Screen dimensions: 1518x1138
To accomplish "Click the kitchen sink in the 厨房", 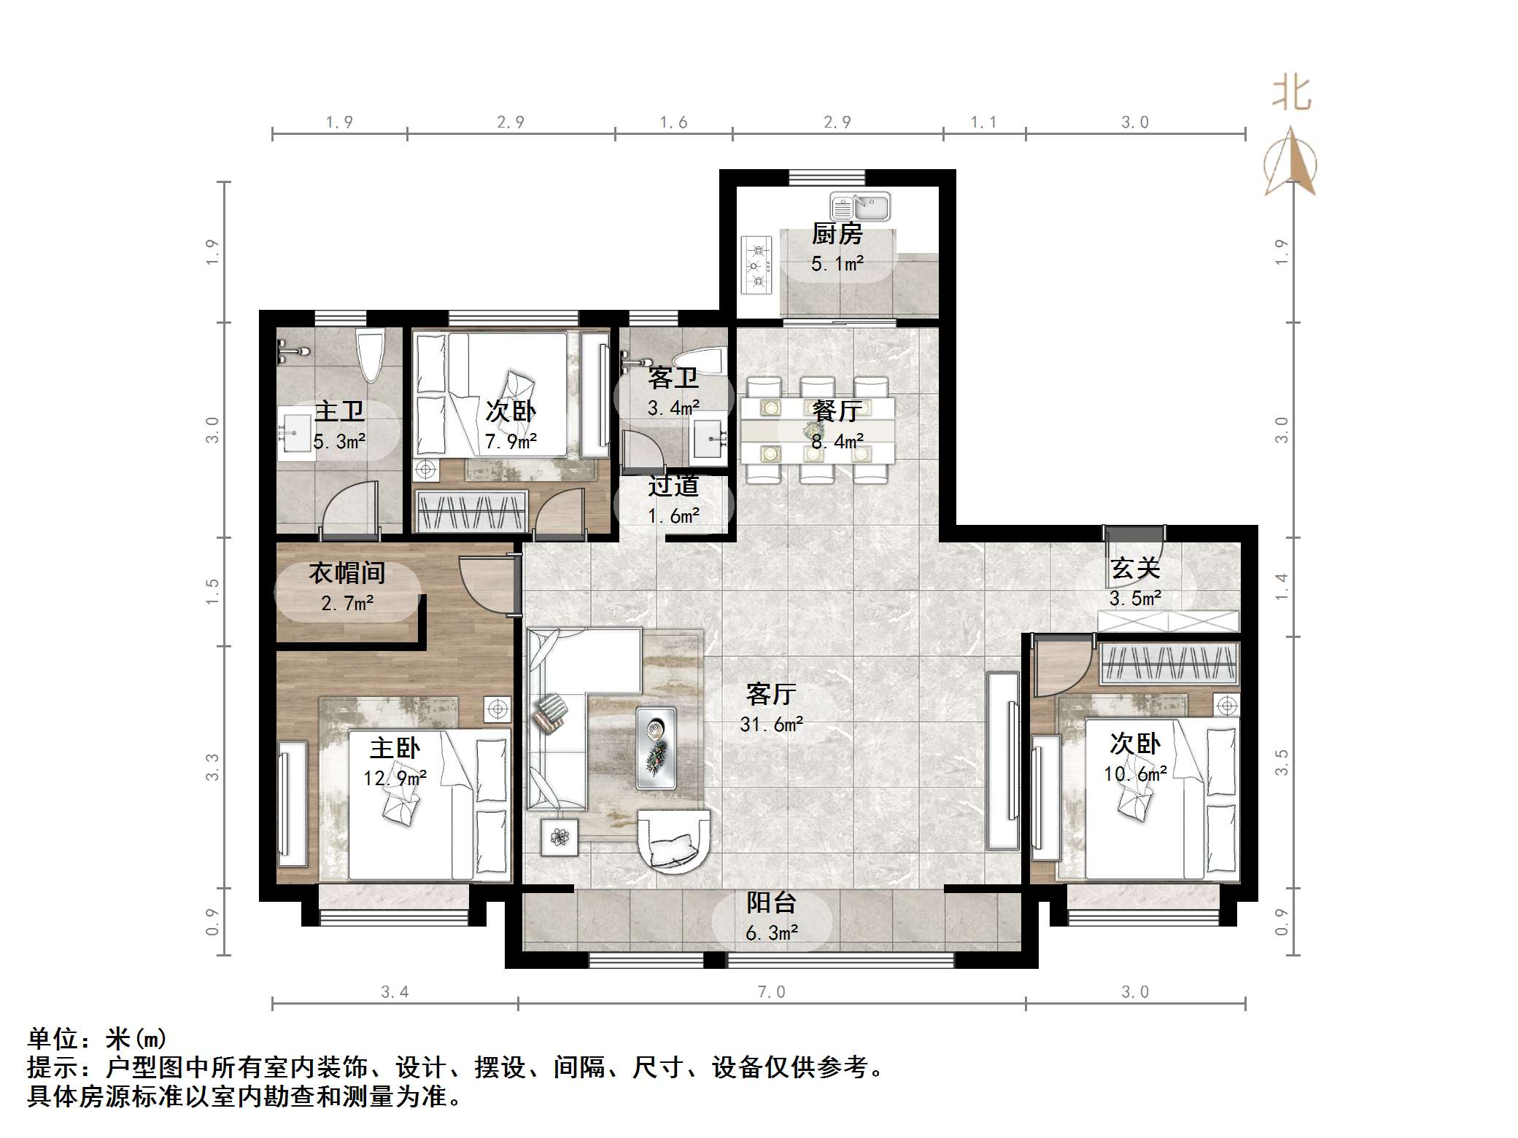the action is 859,206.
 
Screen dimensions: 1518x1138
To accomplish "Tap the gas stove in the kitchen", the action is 757,264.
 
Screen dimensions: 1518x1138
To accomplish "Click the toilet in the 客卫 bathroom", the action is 698,360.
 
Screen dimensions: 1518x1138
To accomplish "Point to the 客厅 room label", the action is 771,693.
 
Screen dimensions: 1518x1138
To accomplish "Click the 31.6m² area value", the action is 771,724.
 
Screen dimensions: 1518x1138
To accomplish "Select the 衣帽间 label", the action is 346,572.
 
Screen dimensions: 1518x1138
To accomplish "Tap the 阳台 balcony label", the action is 771,903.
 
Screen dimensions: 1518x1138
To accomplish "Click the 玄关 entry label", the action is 1135,568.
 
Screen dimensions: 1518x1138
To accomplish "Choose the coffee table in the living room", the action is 655,748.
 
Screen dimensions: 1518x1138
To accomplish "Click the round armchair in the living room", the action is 674,839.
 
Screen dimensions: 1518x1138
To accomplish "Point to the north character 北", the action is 1292,94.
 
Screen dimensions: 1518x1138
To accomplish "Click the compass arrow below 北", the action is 1290,161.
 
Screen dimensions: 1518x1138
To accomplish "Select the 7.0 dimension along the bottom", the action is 771,991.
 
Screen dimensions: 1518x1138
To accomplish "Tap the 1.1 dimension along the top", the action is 983,122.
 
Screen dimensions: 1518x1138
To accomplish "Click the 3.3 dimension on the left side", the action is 212,767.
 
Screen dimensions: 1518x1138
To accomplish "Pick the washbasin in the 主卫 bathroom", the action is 295,433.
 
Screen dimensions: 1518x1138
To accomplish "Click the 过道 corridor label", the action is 673,485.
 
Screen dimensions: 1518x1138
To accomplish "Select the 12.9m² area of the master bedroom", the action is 395,779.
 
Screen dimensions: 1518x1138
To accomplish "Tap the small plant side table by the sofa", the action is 559,837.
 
